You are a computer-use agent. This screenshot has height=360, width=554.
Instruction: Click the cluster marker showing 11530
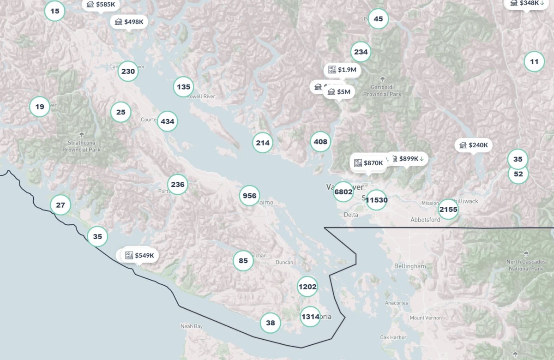[x=376, y=200]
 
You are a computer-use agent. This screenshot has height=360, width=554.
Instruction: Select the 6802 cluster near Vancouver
[x=343, y=192]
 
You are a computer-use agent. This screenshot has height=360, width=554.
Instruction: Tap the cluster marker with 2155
[x=448, y=209]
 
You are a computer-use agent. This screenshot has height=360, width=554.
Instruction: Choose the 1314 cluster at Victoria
[x=310, y=317]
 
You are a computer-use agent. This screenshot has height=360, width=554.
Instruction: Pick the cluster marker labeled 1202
[x=307, y=287]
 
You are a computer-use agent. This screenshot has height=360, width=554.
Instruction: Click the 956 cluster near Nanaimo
[x=249, y=196]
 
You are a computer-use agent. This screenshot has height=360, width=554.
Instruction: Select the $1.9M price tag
[x=342, y=70]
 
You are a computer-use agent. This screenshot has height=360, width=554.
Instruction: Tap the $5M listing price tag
[x=339, y=92]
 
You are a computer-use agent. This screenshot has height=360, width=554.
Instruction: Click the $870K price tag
[x=368, y=163]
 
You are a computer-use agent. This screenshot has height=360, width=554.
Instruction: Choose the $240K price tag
[x=474, y=145]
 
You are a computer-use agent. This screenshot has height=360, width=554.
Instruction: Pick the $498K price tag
[x=129, y=22]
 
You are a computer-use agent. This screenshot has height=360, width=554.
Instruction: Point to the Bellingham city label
[x=410, y=266]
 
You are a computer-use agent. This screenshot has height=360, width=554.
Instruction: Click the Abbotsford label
[x=425, y=220]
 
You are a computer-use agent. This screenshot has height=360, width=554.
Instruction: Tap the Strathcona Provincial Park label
[x=81, y=146]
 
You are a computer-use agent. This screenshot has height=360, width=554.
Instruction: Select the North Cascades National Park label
[x=525, y=265]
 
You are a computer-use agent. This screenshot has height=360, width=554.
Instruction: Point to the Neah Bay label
[x=192, y=326]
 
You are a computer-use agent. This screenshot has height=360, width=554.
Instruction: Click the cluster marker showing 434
[x=167, y=121]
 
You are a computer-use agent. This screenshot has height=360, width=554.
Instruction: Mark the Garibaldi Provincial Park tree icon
[x=382, y=79]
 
